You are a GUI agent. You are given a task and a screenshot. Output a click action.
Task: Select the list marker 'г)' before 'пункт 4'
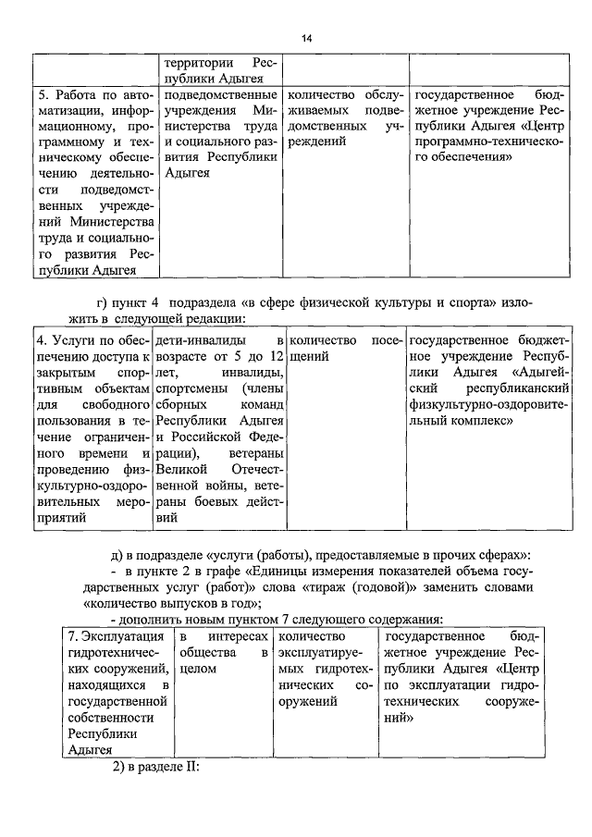coord(103,302)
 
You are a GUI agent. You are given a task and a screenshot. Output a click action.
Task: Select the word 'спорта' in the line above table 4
coord(475,302)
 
